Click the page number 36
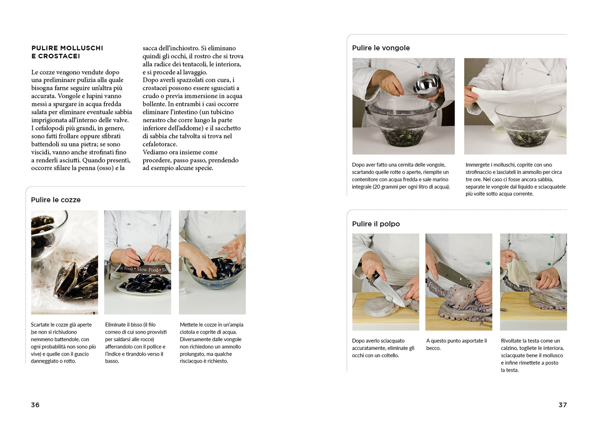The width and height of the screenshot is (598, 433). point(35,405)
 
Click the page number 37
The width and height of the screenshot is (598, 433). point(562,405)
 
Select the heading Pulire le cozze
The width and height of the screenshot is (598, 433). point(56,200)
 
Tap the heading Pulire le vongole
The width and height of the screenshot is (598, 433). point(381,48)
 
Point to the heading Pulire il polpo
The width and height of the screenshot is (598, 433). point(376,224)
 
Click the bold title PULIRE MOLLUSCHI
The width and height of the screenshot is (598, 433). point(67,48)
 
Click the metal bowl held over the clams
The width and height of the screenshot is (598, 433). point(427,84)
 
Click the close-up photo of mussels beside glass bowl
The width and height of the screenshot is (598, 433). point(65,262)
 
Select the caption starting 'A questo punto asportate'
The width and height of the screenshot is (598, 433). point(456,344)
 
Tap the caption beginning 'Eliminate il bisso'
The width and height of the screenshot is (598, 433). point(135,343)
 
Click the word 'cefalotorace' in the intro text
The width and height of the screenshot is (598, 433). point(160,144)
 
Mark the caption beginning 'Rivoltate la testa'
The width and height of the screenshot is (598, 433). point(532,355)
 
